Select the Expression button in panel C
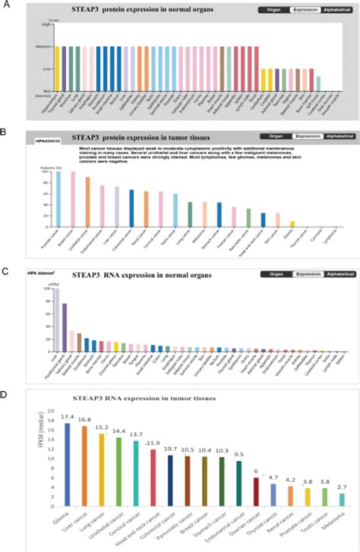pos(304,274)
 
